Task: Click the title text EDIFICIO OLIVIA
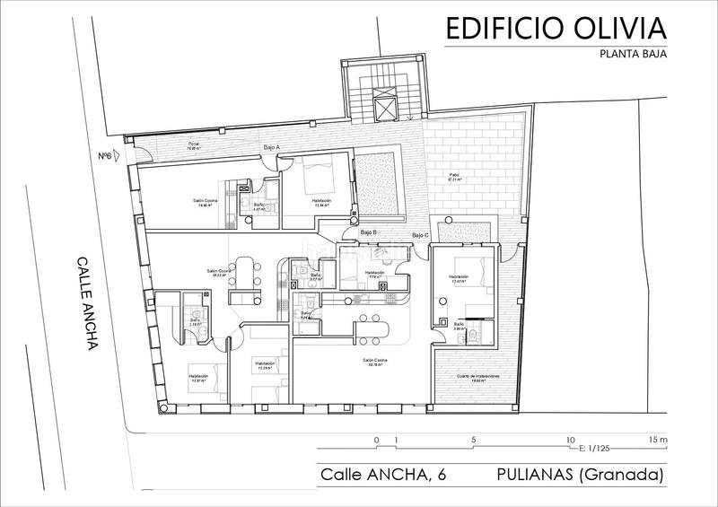[556, 29]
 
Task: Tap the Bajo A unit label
[272, 146]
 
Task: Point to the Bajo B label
[368, 233]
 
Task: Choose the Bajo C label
[420, 235]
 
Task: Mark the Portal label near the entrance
[192, 146]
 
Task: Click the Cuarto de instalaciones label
[476, 377]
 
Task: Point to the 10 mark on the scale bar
[569, 440]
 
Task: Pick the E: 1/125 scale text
[595, 447]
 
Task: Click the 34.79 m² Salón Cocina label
[375, 363]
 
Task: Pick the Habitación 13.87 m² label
[198, 378]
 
